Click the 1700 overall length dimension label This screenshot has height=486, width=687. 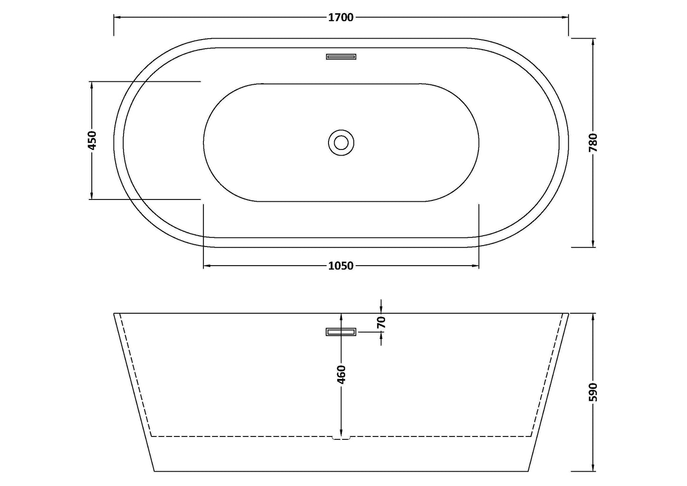tap(341, 18)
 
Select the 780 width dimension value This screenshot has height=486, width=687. tap(593, 142)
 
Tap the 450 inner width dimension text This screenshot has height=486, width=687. tap(92, 140)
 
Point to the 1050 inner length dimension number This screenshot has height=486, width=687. tap(341, 266)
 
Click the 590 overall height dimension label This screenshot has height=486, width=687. tap(593, 392)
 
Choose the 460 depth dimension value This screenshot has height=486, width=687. tap(341, 374)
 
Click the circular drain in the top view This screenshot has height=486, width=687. tap(341, 142)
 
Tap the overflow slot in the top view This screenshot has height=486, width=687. tap(341, 57)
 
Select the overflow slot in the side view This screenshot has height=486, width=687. tap(341, 332)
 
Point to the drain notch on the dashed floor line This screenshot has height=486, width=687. tap(341, 437)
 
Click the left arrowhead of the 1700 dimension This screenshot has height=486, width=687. tap(117, 18)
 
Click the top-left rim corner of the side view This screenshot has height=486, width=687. tap(114, 314)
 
